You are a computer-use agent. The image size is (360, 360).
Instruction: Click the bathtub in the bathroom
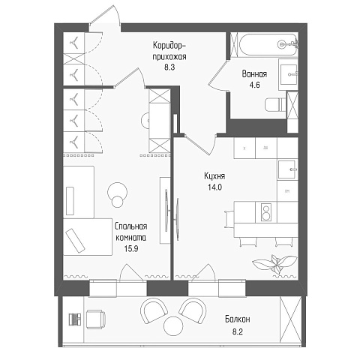pos(267,45)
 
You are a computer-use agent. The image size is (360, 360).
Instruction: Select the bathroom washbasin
pos(288,74)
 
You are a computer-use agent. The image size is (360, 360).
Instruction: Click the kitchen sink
pos(288,169)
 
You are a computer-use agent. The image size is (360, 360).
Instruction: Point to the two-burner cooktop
pos(266,212)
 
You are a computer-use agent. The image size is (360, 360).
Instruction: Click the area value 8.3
pos(169,67)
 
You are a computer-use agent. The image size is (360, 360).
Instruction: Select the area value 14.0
pos(214,187)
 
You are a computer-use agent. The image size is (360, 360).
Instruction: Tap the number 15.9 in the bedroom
pos(131,248)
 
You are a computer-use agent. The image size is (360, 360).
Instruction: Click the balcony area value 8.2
pos(238,331)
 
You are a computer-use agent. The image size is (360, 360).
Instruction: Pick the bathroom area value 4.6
pos(254,85)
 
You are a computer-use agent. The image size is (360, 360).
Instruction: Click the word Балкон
pos(238,319)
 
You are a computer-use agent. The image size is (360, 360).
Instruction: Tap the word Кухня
pos(214,176)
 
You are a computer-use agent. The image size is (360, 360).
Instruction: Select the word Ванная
pos(254,74)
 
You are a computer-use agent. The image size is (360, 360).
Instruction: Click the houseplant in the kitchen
pos(275,264)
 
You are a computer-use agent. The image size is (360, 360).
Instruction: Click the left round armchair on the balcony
pos(154,310)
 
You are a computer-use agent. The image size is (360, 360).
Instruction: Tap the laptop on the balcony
pos(75,319)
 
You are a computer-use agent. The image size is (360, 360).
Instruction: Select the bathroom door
pos(218,76)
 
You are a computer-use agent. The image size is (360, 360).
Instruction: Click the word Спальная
pos(130,226)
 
